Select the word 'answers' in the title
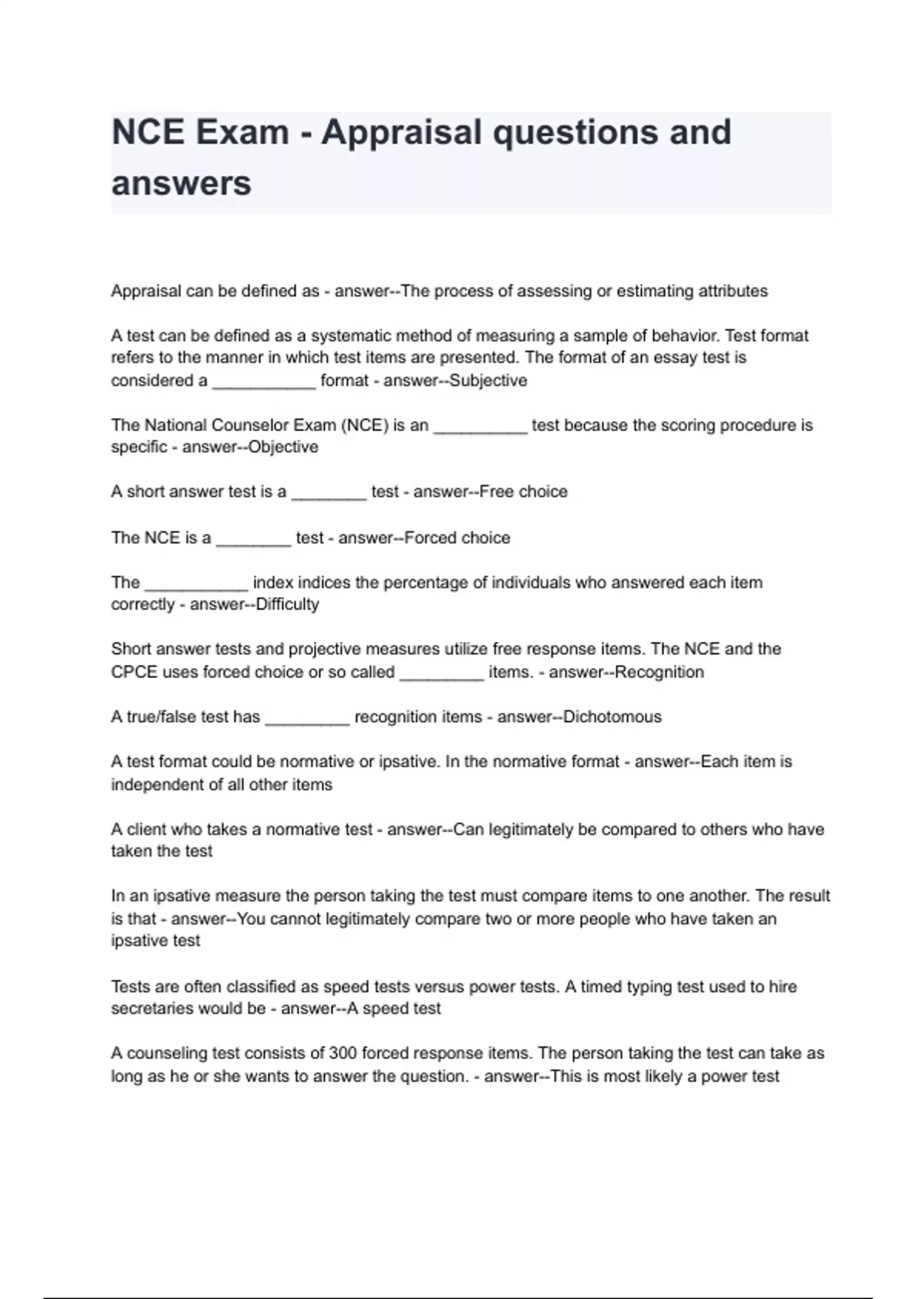click(x=181, y=183)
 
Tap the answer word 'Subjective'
click(x=488, y=381)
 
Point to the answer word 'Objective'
click(x=284, y=447)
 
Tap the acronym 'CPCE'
click(x=134, y=672)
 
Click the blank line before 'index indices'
click(x=196, y=585)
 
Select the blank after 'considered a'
click(x=264, y=384)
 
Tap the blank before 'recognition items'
click(x=307, y=720)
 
